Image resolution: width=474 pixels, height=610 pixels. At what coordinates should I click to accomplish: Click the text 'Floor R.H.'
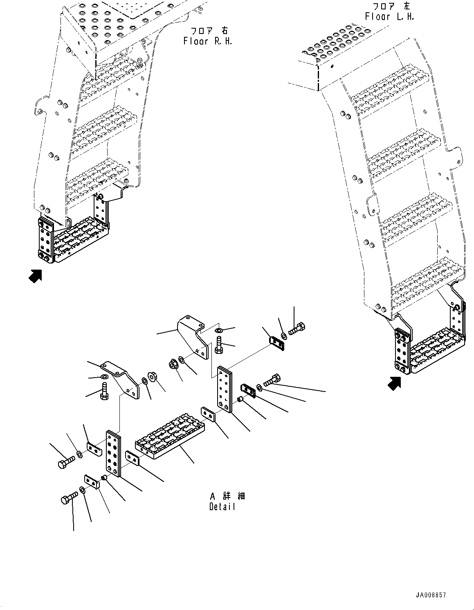click(208, 41)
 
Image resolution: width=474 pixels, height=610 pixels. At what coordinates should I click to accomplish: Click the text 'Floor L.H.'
click(389, 17)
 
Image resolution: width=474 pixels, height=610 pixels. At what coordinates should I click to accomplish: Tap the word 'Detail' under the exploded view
click(222, 506)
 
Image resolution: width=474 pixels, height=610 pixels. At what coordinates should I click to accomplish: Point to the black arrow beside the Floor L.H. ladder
click(394, 383)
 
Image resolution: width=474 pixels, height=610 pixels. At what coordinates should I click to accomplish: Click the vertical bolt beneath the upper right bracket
click(219, 344)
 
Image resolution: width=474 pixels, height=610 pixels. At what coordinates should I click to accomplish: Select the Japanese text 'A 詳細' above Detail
click(227, 496)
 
